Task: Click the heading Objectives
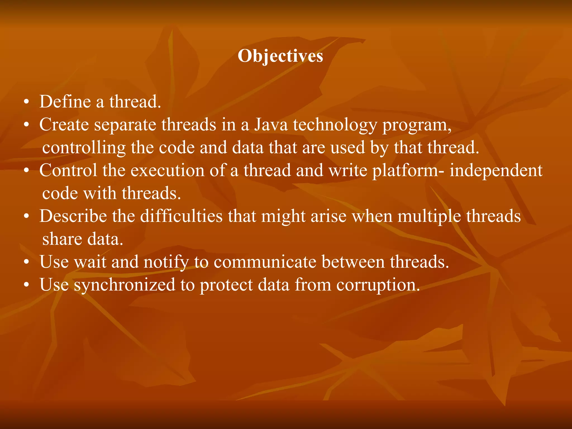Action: [280, 56]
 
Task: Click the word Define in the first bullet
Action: [65, 101]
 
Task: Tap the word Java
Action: [271, 125]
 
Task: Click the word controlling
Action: [84, 148]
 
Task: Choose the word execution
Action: [168, 170]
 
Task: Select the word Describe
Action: [73, 216]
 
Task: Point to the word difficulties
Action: [181, 216]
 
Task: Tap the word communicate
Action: [265, 262]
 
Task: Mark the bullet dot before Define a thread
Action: [26, 103]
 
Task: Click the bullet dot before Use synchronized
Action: [26, 285]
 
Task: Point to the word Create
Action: [64, 125]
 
